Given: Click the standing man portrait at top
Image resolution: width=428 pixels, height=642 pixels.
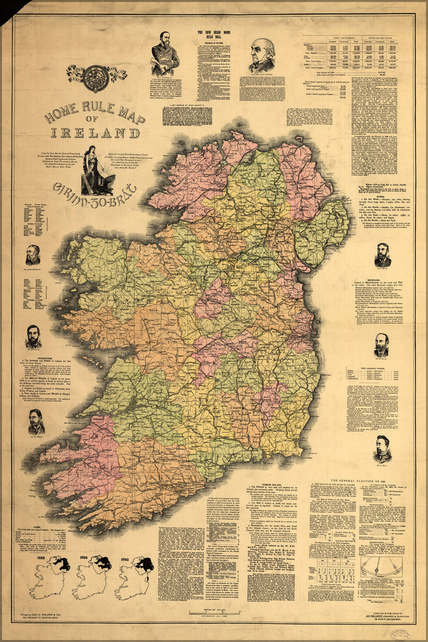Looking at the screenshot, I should click(165, 55).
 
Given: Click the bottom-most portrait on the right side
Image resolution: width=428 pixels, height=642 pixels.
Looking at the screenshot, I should click(382, 447).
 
